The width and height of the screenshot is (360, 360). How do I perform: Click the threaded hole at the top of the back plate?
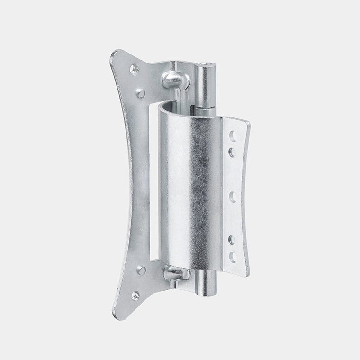(x=134, y=69)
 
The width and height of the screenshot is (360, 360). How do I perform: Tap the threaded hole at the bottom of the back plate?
(x=135, y=295)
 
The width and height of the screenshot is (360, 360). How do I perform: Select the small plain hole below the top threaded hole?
(x=141, y=93)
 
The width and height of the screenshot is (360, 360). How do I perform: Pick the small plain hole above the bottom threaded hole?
(x=141, y=270)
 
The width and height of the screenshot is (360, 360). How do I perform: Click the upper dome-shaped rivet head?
(x=172, y=80)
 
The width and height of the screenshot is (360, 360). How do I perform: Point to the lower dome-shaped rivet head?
(x=173, y=273)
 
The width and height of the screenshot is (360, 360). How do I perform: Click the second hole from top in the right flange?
(x=232, y=152)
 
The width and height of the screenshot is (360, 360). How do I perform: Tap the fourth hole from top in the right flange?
(x=232, y=240)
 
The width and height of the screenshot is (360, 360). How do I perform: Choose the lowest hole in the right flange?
(x=233, y=257)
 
